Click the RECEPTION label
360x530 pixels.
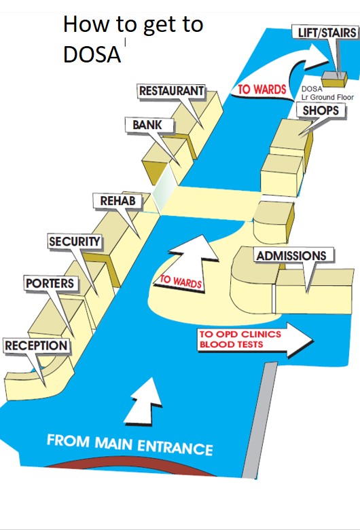point(36,345)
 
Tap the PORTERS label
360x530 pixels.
point(50,283)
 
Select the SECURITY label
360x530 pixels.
point(75,242)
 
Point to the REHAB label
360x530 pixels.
point(118,201)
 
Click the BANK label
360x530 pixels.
point(147,125)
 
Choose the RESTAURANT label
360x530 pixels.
point(172,91)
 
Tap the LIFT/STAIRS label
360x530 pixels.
point(327,33)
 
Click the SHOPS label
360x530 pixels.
point(321,111)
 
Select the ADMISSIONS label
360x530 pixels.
point(291,256)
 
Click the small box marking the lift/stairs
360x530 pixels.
point(334,79)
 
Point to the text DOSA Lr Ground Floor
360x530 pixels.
point(327,93)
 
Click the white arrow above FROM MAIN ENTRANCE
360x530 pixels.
point(144,401)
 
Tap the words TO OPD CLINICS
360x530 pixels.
point(240,335)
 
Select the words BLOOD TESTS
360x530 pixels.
point(231,345)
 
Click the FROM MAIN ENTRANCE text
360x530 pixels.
point(130,444)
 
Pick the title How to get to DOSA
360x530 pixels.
point(133,39)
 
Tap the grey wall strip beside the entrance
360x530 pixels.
point(259,420)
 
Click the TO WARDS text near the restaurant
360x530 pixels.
point(262,90)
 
